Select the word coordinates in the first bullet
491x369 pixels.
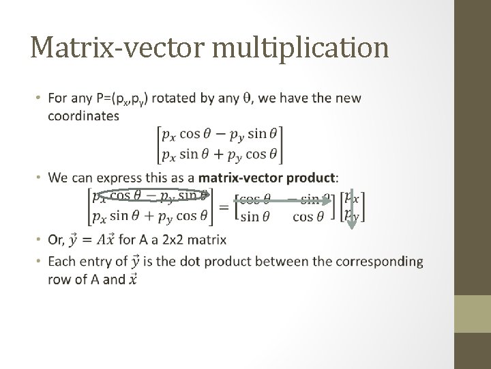[83, 115]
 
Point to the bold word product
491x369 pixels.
[312, 178]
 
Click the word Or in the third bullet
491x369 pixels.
[57, 240]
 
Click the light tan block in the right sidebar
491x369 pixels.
[472, 315]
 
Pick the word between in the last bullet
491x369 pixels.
[261, 262]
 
